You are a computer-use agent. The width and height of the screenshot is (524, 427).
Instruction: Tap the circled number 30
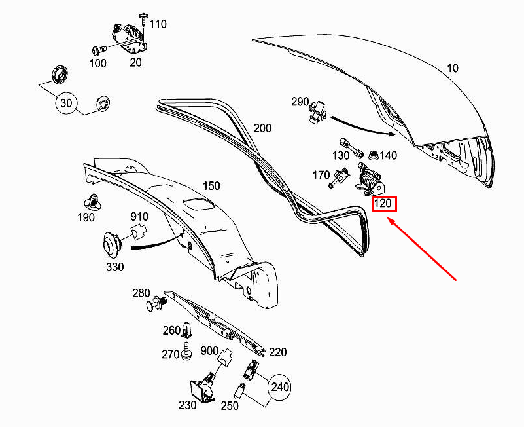pos(66,103)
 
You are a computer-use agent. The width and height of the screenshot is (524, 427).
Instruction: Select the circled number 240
pos(279,387)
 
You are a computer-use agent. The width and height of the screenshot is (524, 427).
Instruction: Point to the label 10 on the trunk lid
pos(453,68)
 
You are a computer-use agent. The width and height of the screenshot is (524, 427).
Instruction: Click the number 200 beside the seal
pos(262,128)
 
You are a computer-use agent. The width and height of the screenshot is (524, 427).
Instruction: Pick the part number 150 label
pos(211,186)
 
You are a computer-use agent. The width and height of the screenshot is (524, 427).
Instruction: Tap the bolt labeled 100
pos(99,51)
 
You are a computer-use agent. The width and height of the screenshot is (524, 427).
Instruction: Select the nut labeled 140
pos(373,156)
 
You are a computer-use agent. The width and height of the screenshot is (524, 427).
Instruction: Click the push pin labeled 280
pos(156,303)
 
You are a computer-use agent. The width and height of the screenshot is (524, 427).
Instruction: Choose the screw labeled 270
pos(186,352)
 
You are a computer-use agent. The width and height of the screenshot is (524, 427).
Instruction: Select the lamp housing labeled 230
pos(203,388)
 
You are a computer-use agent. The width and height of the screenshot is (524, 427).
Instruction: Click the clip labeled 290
pos(319,112)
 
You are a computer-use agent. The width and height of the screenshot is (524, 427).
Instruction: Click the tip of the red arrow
pos(388,218)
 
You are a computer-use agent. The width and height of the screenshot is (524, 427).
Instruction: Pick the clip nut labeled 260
pos(186,330)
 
